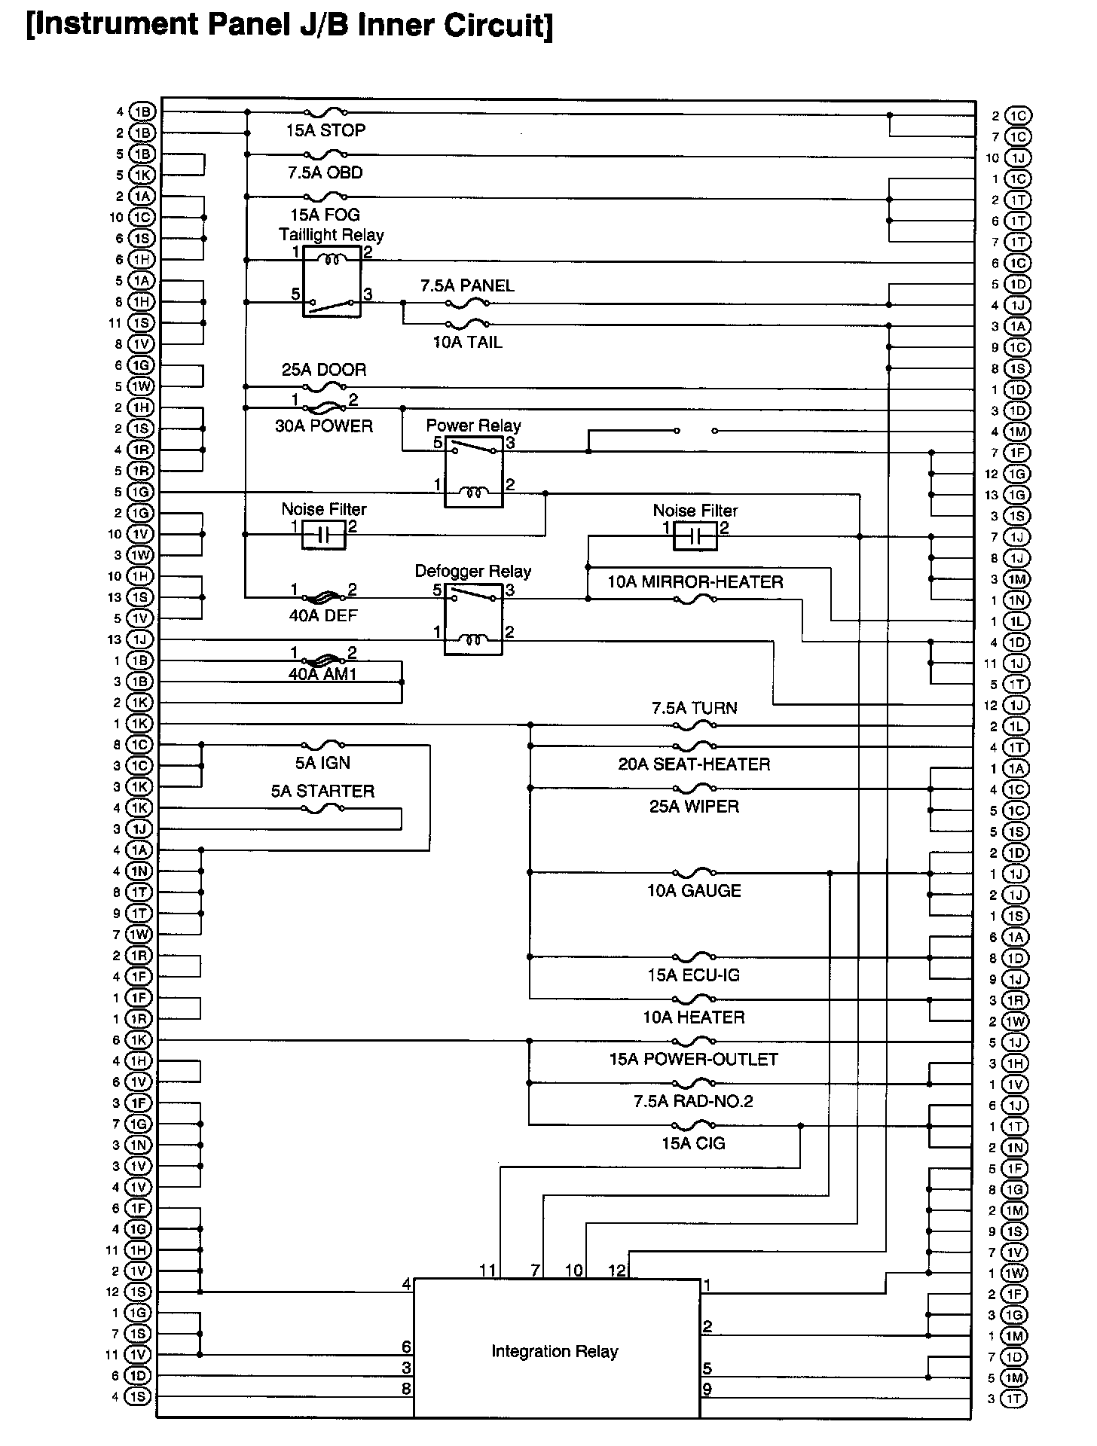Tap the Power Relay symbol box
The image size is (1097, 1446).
pos(473,471)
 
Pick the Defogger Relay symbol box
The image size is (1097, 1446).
pos(473,618)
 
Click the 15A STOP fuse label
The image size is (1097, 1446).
pos(325,130)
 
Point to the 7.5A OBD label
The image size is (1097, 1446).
pos(325,172)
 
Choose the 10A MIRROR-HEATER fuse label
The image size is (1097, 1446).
pos(695,581)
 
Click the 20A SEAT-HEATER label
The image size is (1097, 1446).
pos(694,764)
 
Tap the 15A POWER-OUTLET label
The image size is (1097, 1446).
pos(693,1060)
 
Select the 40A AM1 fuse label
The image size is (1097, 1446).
pos(322,674)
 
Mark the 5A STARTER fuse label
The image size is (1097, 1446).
pos(322,791)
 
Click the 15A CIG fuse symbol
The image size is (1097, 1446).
pos(693,1125)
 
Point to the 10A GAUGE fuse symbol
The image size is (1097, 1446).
pos(693,873)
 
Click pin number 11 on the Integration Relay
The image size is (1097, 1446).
pos(487,1271)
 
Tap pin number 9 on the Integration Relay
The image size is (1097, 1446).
pos(707,1390)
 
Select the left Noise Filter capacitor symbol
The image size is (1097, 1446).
pos(324,535)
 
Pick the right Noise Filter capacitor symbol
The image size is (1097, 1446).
pos(695,536)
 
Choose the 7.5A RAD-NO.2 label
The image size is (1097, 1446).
pos(693,1102)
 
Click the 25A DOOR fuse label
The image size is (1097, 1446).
pos(324,370)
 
